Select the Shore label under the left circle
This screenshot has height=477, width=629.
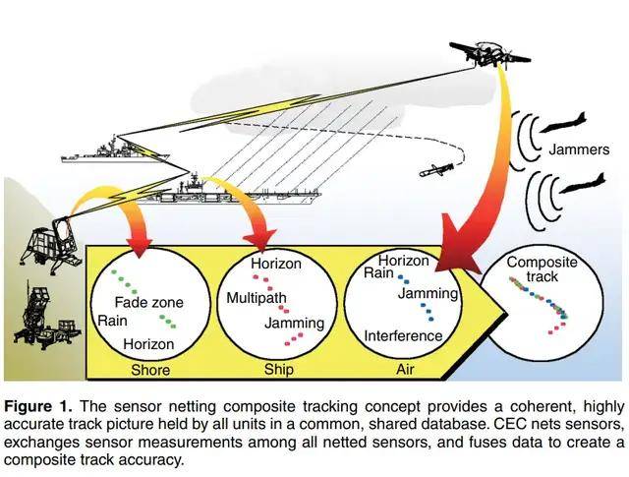point(150,370)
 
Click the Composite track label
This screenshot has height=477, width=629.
point(542,269)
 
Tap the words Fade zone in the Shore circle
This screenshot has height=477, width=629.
point(149,302)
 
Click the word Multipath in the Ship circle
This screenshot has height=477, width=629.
point(256,298)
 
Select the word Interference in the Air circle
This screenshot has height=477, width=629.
point(403,335)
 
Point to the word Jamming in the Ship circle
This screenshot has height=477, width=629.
point(295,323)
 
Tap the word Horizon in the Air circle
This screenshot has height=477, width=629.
point(403,261)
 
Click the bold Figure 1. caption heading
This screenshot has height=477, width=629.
point(42,406)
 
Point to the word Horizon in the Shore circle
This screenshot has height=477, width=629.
point(148,344)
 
